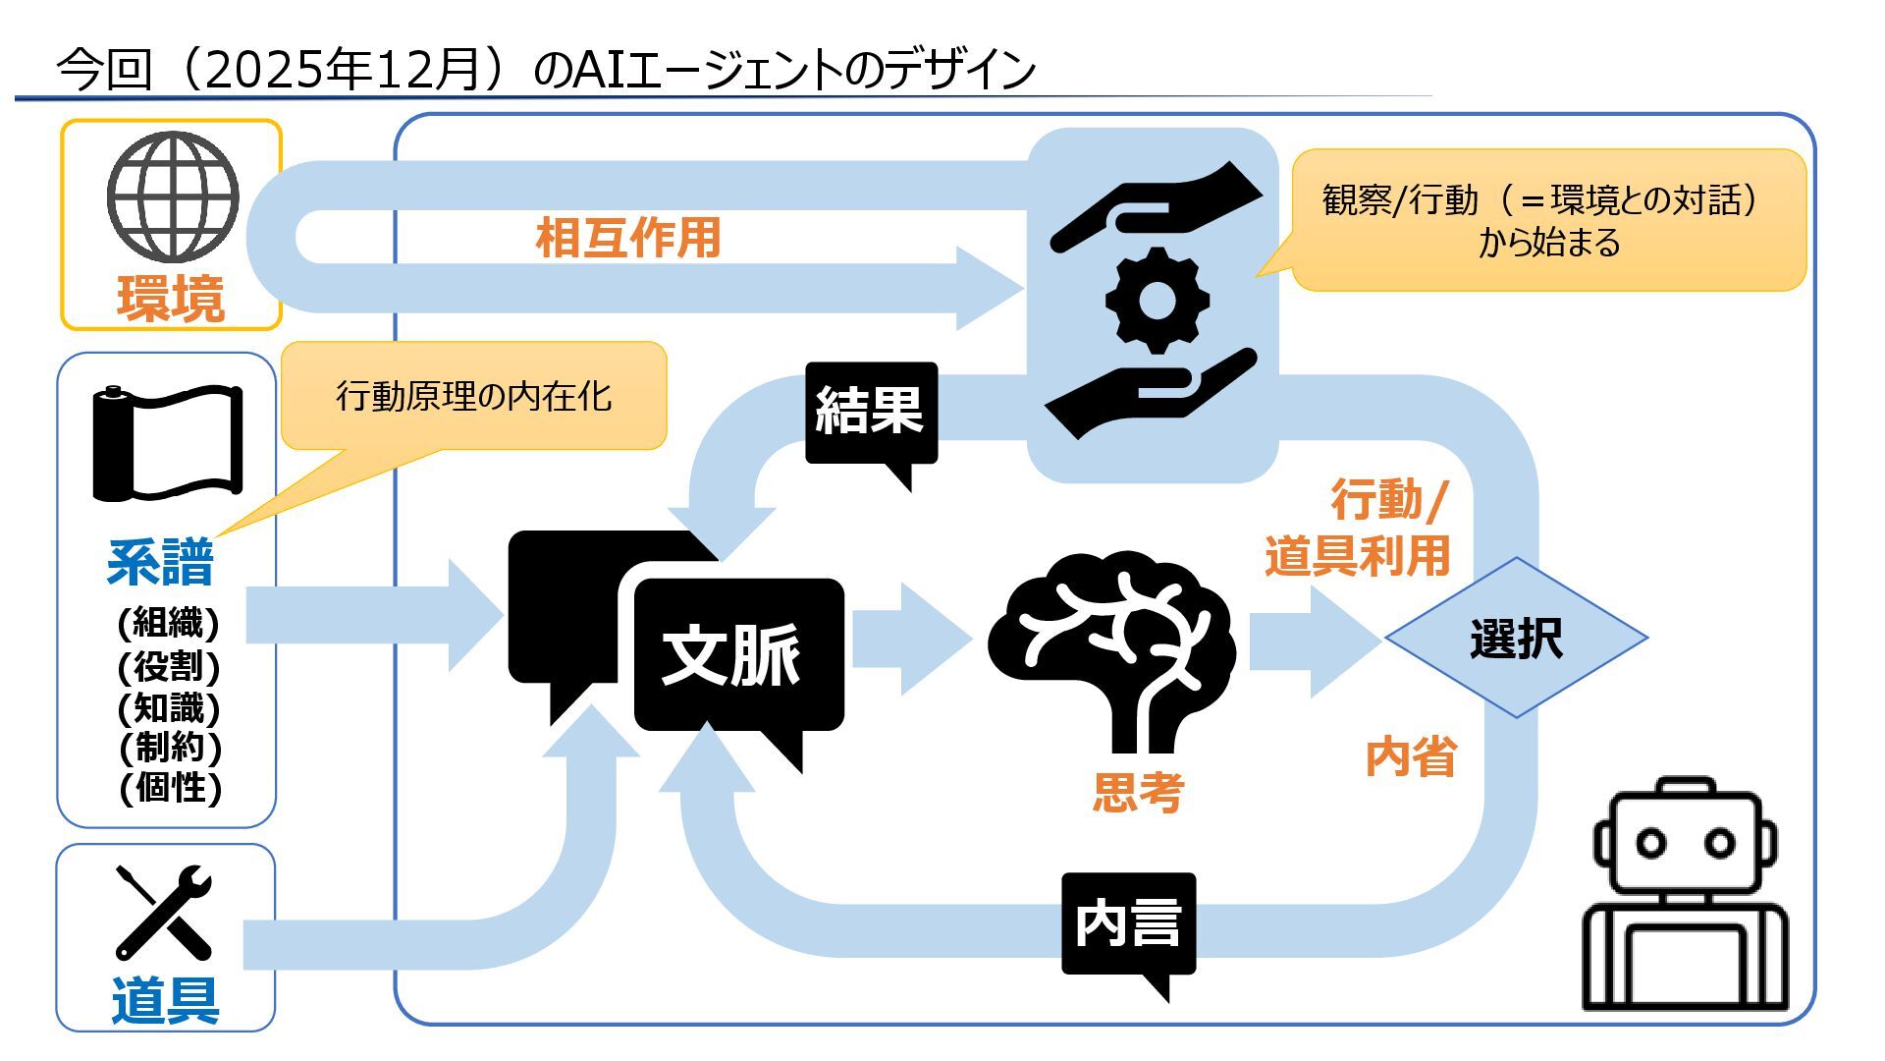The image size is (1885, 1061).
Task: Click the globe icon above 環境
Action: [x=173, y=195]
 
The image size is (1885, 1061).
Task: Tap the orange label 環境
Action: [x=171, y=299]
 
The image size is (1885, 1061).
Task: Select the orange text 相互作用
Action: [x=628, y=239]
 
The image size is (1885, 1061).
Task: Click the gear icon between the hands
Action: [x=1156, y=300]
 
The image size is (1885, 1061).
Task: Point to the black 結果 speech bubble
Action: [x=871, y=412]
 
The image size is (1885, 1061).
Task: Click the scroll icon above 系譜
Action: [x=167, y=443]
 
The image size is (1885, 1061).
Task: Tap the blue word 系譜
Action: [x=161, y=563]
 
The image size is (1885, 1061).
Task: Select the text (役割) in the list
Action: [x=169, y=666]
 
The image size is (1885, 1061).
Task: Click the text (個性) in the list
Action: [x=170, y=787]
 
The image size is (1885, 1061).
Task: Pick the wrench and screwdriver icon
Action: [x=164, y=913]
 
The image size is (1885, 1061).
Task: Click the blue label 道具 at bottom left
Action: [x=165, y=1000]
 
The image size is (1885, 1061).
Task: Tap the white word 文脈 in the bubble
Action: [x=731, y=655]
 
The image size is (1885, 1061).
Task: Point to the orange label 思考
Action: [x=1139, y=792]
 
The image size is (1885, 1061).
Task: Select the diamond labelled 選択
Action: [x=1516, y=639]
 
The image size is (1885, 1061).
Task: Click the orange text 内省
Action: [x=1411, y=757]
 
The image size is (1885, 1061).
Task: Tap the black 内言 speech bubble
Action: [x=1128, y=923]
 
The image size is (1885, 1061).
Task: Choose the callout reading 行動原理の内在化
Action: [x=474, y=396]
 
